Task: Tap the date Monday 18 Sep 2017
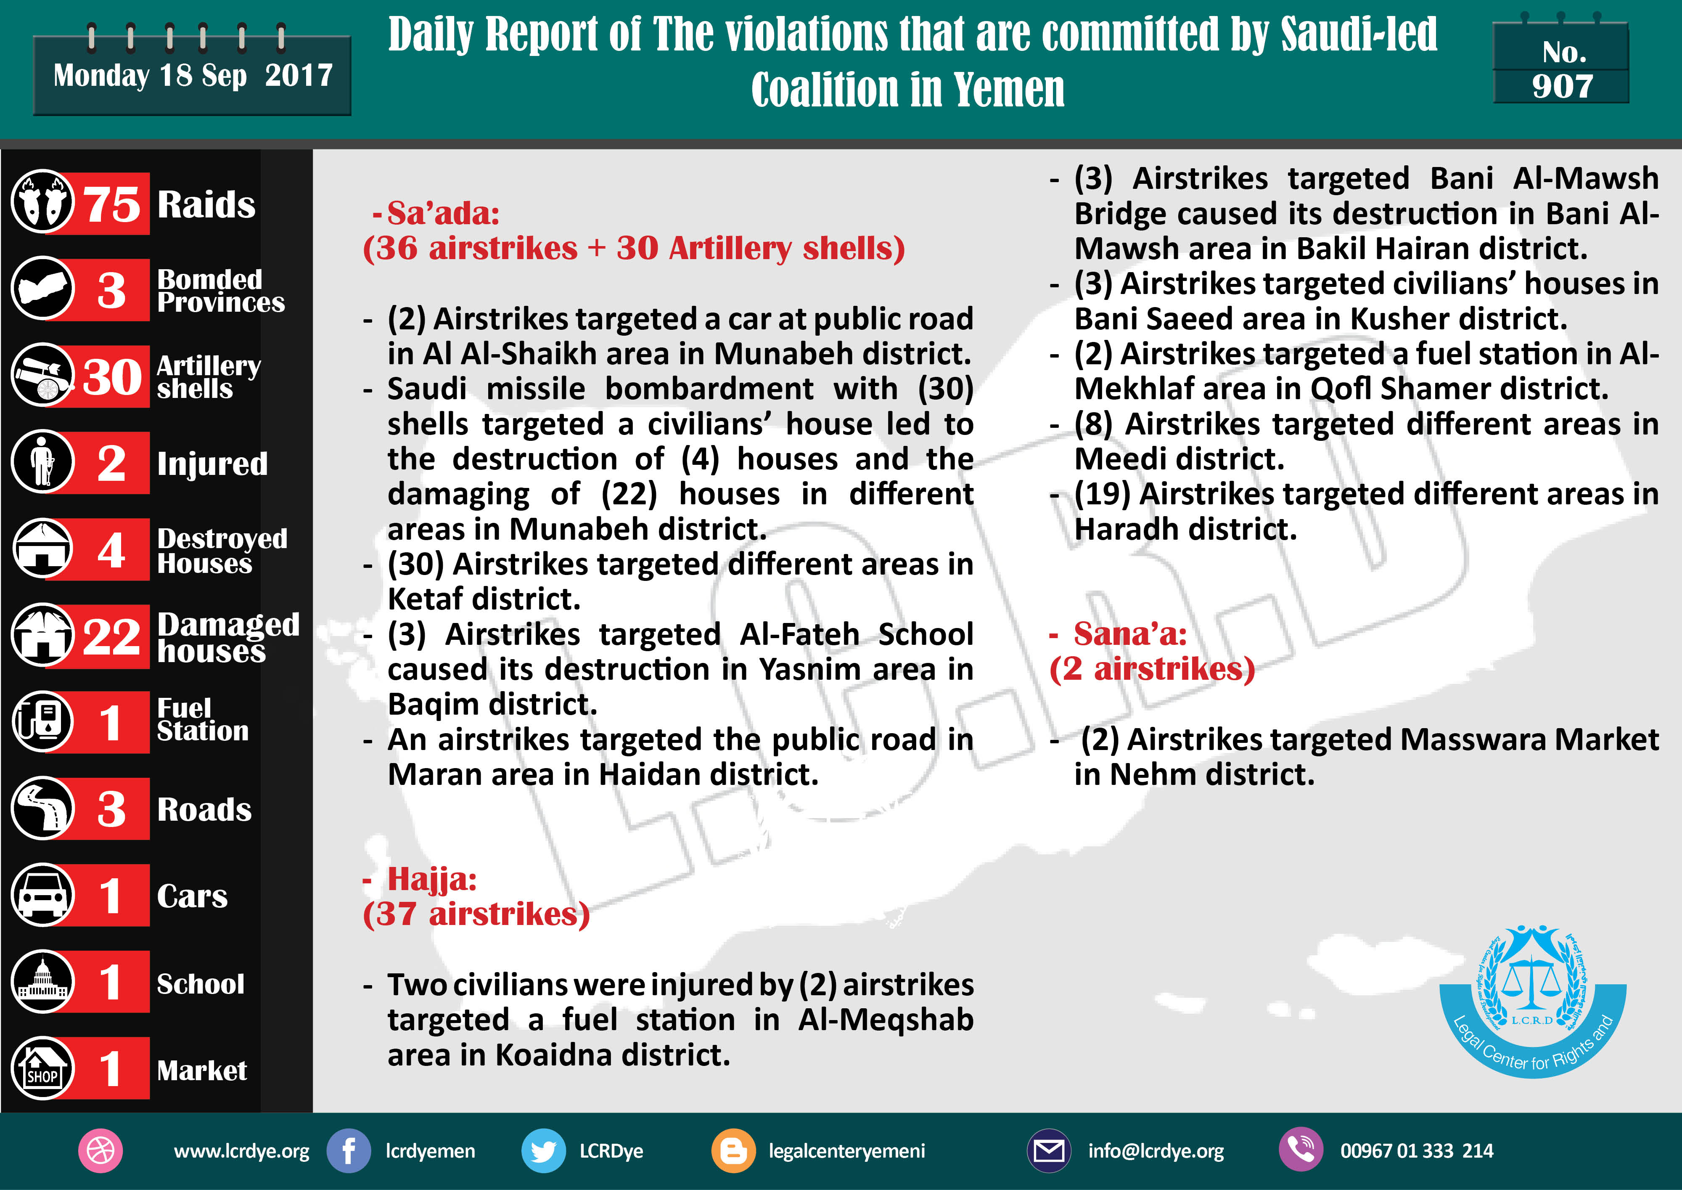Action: [193, 75]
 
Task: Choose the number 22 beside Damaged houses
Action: [111, 636]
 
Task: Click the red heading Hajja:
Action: [431, 879]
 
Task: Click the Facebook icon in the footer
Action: [349, 1150]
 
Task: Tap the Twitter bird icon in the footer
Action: [543, 1150]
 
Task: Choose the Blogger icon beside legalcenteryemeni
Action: [733, 1150]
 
